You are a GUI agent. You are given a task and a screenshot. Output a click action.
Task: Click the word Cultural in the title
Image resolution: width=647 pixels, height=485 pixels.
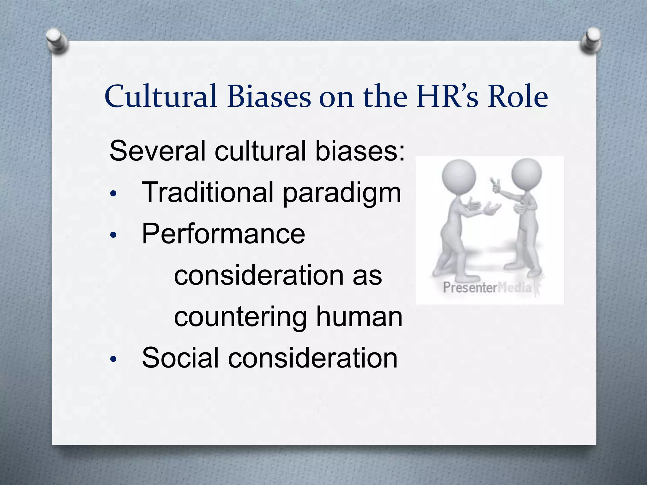tap(161, 96)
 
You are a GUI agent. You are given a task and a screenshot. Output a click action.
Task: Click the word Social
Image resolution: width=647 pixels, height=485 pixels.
tap(180, 358)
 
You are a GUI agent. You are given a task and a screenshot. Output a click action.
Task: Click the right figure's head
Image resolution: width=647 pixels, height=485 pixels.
tap(526, 173)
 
